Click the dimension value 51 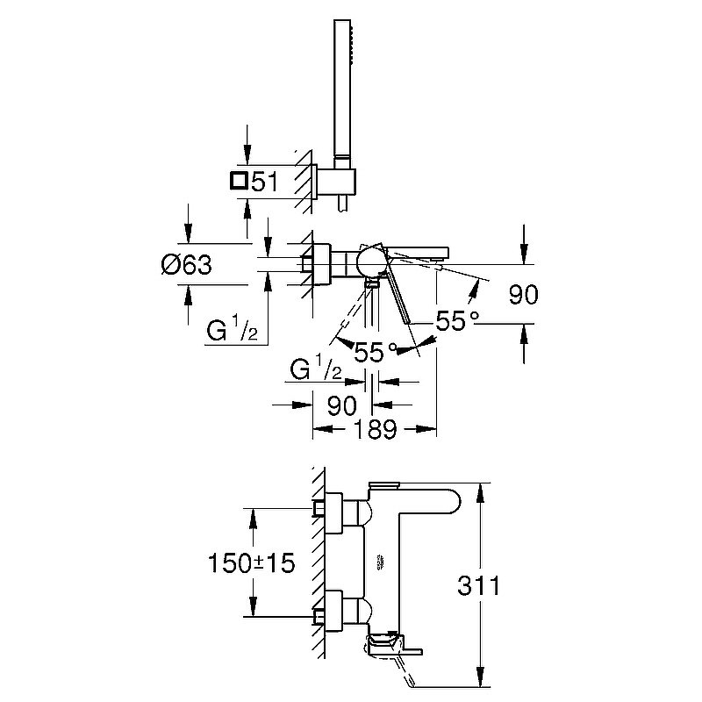[266, 182]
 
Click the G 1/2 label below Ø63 [232, 331]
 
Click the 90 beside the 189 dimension [341, 405]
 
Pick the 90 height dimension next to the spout [523, 295]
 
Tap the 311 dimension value [478, 586]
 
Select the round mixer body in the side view [370, 262]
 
